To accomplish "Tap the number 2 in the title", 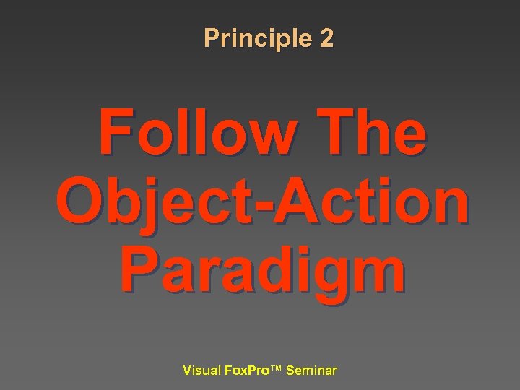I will click(x=326, y=38).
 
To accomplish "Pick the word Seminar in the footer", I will click(x=311, y=371).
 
